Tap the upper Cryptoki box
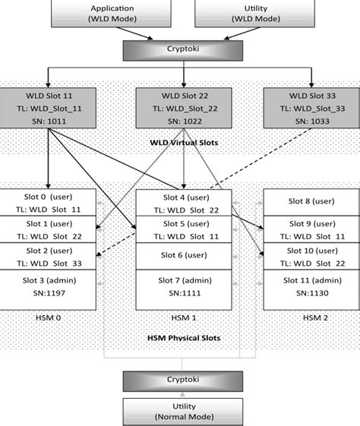[183, 49]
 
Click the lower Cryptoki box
[183, 380]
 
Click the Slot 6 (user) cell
[183, 254]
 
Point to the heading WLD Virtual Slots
[184, 142]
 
